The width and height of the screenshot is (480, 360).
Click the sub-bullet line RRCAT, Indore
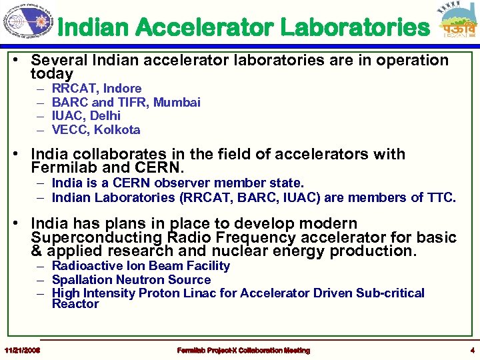point(96,88)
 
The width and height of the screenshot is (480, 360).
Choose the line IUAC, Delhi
point(86,116)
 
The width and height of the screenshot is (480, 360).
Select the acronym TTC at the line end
point(442,197)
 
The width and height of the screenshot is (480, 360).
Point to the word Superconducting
point(89,238)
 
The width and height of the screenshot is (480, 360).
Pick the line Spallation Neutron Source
point(131,280)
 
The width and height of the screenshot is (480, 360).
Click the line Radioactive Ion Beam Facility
point(141,266)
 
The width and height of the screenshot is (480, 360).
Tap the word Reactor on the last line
point(75,304)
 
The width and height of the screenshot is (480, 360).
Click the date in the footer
point(22,350)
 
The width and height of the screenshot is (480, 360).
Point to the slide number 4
point(471,350)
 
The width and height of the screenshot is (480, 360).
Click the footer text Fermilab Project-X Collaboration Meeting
point(243,350)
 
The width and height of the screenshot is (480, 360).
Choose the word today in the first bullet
point(51,73)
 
